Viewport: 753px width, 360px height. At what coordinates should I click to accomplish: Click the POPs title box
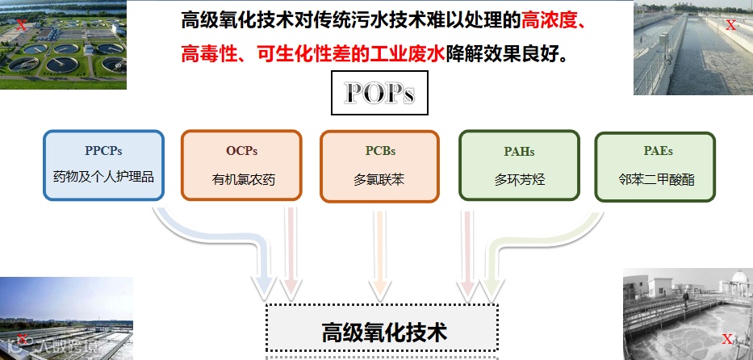click(x=379, y=94)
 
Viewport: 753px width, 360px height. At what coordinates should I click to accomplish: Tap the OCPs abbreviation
click(x=242, y=151)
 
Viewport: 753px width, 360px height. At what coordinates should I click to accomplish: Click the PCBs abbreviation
click(x=379, y=151)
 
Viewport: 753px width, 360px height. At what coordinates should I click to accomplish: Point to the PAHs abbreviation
click(x=519, y=151)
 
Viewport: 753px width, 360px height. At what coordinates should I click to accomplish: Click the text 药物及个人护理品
click(x=98, y=176)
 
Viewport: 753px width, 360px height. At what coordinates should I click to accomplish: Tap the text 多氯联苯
click(x=379, y=179)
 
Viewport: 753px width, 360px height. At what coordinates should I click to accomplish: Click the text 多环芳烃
click(x=520, y=179)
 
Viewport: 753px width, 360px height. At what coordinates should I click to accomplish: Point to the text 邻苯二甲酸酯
click(x=656, y=179)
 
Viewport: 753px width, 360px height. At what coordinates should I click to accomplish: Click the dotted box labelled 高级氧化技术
click(x=383, y=332)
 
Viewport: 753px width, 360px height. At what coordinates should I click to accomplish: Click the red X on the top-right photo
click(x=730, y=25)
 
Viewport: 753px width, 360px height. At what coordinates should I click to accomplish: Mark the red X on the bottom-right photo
click(x=727, y=339)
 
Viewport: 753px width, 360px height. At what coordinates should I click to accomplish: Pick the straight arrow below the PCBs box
click(x=379, y=258)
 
